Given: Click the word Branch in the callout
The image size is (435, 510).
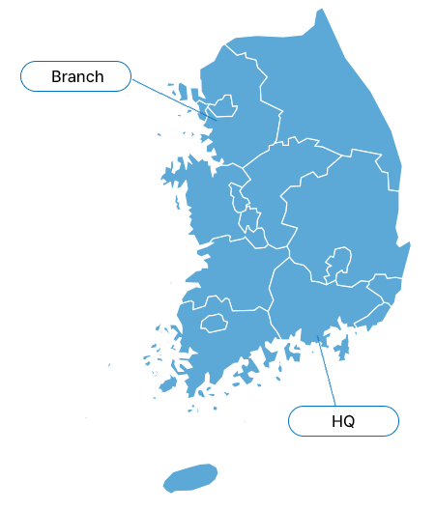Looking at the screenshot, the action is click(x=77, y=76).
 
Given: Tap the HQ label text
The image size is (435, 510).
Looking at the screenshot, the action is click(x=343, y=421).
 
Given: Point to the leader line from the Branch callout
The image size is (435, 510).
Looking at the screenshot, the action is click(x=174, y=99).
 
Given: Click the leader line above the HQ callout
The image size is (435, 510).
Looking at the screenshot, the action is click(x=327, y=371).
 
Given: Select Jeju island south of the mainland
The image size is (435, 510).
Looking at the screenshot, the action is click(x=190, y=478).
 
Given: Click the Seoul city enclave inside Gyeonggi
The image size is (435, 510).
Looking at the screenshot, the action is click(x=223, y=106).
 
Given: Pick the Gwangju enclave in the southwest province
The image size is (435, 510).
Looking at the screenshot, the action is click(x=214, y=323).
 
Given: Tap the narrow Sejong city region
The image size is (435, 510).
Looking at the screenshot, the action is click(x=238, y=197).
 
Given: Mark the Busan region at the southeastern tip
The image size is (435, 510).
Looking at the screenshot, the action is click(x=373, y=316).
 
